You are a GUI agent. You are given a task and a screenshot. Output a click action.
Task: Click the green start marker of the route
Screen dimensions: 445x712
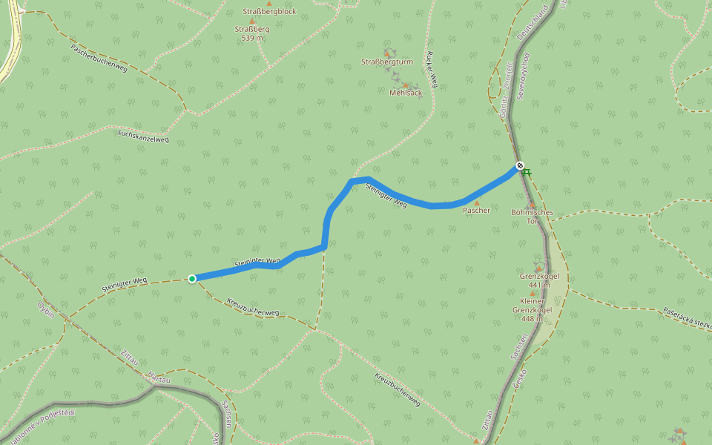coord(192,279)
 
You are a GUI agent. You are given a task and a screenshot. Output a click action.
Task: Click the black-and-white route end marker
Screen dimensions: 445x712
coord(520,165)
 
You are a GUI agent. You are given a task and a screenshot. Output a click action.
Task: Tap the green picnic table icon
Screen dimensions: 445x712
coord(527,172)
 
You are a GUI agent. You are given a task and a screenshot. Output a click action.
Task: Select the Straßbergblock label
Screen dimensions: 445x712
coord(269,11)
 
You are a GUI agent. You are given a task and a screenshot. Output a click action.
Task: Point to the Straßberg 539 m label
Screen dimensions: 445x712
coord(252,33)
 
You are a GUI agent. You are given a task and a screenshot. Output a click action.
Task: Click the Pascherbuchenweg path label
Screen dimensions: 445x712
coord(99,58)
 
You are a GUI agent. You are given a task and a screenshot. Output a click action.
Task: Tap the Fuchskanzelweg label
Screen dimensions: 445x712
coord(143,135)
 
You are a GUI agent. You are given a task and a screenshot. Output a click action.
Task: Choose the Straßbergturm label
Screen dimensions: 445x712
coord(386,62)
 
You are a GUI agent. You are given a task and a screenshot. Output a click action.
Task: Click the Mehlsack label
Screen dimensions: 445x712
coord(406,93)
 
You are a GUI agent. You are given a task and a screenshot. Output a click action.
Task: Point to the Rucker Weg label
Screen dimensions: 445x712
coord(432,70)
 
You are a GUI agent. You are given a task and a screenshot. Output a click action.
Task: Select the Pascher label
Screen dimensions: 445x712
coord(476,211)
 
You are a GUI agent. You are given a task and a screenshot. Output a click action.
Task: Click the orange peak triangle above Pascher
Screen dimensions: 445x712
coord(476,202)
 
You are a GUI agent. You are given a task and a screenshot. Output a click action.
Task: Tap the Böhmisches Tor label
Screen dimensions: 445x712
coord(532,217)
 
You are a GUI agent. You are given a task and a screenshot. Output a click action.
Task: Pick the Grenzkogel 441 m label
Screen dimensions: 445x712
coord(539,280)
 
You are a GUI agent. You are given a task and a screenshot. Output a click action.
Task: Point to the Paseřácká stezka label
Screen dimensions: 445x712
coord(687,318)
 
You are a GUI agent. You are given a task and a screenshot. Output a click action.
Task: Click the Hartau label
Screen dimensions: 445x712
coord(159,378)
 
